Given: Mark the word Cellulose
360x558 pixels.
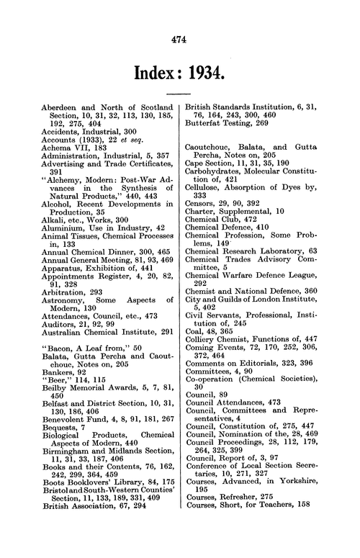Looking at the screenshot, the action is coord(207,204).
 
